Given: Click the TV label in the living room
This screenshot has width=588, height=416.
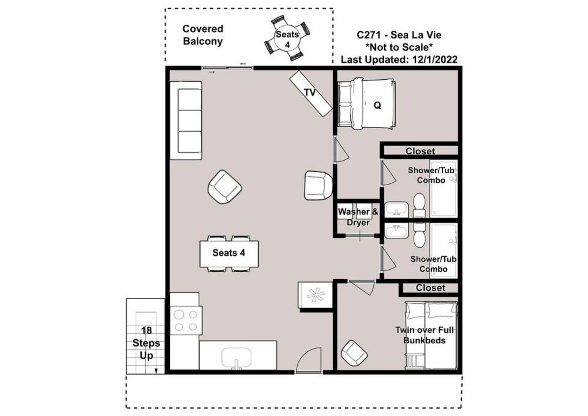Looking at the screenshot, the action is [x=310, y=92].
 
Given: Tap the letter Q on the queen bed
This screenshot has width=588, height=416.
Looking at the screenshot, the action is [x=377, y=105].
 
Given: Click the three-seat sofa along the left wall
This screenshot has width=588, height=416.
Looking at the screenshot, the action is [x=186, y=121].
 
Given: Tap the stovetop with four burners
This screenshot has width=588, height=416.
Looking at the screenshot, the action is [x=186, y=320].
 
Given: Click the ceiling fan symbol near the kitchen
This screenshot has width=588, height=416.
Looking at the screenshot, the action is [x=316, y=295].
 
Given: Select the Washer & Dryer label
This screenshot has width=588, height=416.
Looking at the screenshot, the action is [x=358, y=217].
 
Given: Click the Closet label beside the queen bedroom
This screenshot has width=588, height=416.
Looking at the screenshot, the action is [x=420, y=151].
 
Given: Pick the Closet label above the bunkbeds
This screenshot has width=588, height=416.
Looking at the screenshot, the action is [x=431, y=288].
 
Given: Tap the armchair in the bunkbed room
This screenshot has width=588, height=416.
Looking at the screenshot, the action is [x=354, y=353].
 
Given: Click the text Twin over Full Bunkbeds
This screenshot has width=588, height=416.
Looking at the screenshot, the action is [x=424, y=335].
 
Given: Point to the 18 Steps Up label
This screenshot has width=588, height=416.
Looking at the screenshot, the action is [x=146, y=343].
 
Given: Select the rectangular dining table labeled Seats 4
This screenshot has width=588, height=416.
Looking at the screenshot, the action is [x=229, y=254].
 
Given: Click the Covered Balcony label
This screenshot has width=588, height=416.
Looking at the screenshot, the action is [x=203, y=35].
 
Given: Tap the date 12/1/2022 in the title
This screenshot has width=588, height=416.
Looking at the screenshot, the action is [x=435, y=60].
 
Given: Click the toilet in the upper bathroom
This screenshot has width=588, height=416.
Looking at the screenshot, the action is [x=419, y=205].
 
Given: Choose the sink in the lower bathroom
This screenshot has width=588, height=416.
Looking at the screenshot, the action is [x=396, y=231].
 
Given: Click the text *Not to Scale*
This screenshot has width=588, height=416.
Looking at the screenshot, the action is [x=399, y=47].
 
